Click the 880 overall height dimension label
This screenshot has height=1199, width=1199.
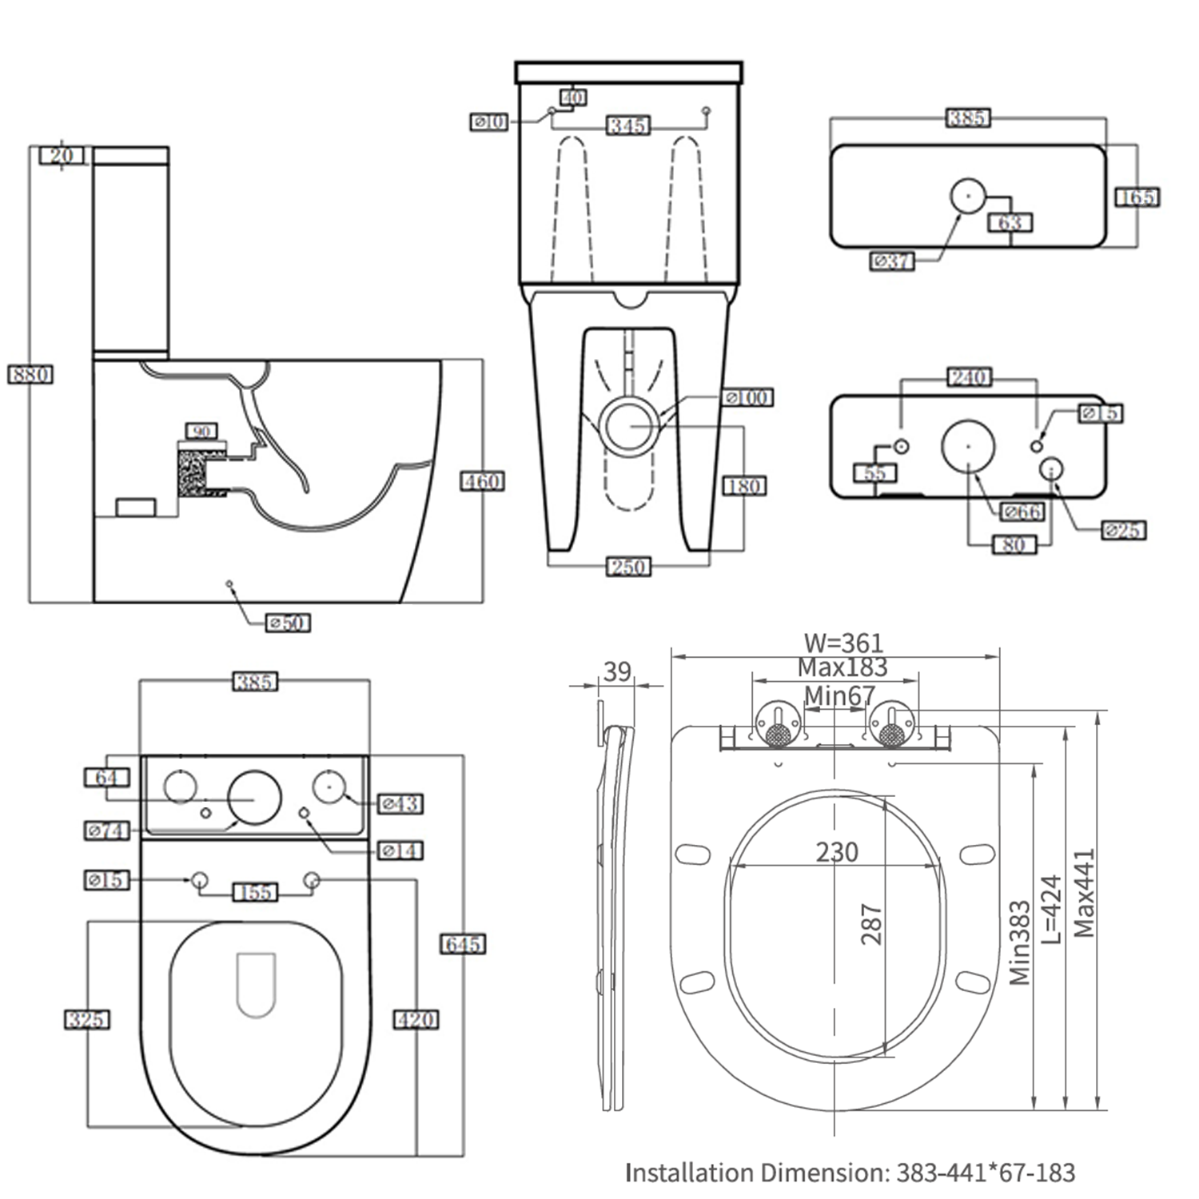pyautogui.click(x=30, y=374)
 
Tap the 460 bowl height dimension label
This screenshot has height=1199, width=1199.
pyautogui.click(x=483, y=481)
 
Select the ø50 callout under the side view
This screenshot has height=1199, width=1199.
pyautogui.click(x=288, y=623)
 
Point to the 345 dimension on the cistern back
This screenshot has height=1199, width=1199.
pyautogui.click(x=628, y=125)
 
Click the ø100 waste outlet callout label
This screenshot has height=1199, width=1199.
pyautogui.click(x=748, y=397)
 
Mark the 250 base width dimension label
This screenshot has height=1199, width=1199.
pyautogui.click(x=629, y=567)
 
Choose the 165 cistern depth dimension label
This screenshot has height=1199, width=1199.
pyautogui.click(x=1137, y=197)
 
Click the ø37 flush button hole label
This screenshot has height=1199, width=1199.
pyautogui.click(x=891, y=261)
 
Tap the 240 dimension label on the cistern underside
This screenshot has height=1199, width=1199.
pyautogui.click(x=969, y=376)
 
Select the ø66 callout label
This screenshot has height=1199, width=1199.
pyautogui.click(x=1022, y=512)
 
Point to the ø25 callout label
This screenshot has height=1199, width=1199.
pyautogui.click(x=1123, y=530)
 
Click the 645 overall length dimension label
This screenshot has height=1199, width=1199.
pyautogui.click(x=464, y=944)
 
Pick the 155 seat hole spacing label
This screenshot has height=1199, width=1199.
pyautogui.click(x=256, y=892)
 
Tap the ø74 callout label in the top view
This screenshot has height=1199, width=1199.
pyautogui.click(x=107, y=831)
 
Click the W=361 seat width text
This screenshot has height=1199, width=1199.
pyautogui.click(x=843, y=643)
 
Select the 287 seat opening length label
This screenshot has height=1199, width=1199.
pyautogui.click(x=871, y=924)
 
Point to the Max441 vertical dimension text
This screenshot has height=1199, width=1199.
pyautogui.click(x=1084, y=892)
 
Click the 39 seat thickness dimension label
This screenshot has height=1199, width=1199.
pyautogui.click(x=616, y=671)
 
